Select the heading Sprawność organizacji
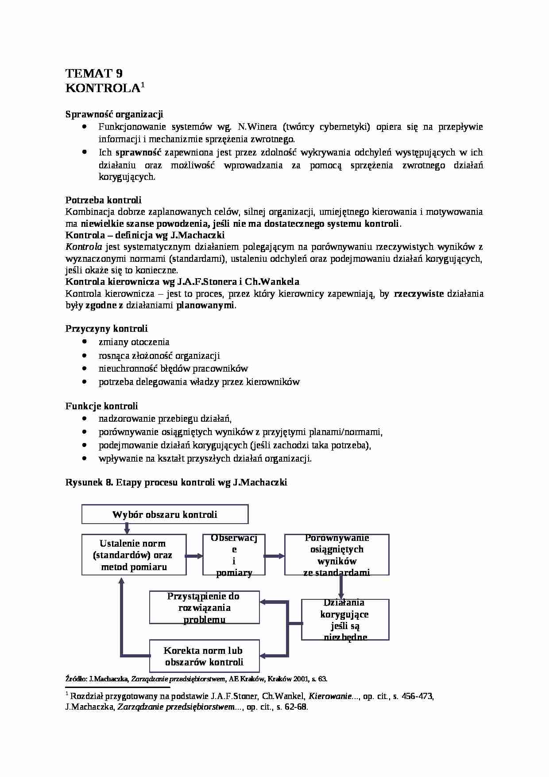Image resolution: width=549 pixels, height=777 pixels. [114, 114]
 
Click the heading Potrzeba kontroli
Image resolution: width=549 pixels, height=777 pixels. [103, 200]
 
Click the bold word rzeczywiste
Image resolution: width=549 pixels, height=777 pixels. [418, 294]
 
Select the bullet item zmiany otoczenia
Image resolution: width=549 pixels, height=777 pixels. [134, 342]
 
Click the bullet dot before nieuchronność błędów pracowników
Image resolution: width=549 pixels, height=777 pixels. [84, 369]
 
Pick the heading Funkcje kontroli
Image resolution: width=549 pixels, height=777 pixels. [101, 406]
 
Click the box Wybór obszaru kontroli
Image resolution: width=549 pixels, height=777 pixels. [165, 514]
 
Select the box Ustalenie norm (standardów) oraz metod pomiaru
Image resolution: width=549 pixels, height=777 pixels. [133, 555]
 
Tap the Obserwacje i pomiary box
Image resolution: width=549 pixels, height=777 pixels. [234, 555]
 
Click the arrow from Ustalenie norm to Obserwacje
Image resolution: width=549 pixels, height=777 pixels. [194, 556]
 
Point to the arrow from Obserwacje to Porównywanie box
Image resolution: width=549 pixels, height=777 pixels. [274, 556]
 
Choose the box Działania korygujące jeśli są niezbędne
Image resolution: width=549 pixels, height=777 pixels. [345, 619]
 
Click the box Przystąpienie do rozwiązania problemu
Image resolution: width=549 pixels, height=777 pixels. [204, 607]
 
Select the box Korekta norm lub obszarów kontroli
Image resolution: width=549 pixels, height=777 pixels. [204, 656]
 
